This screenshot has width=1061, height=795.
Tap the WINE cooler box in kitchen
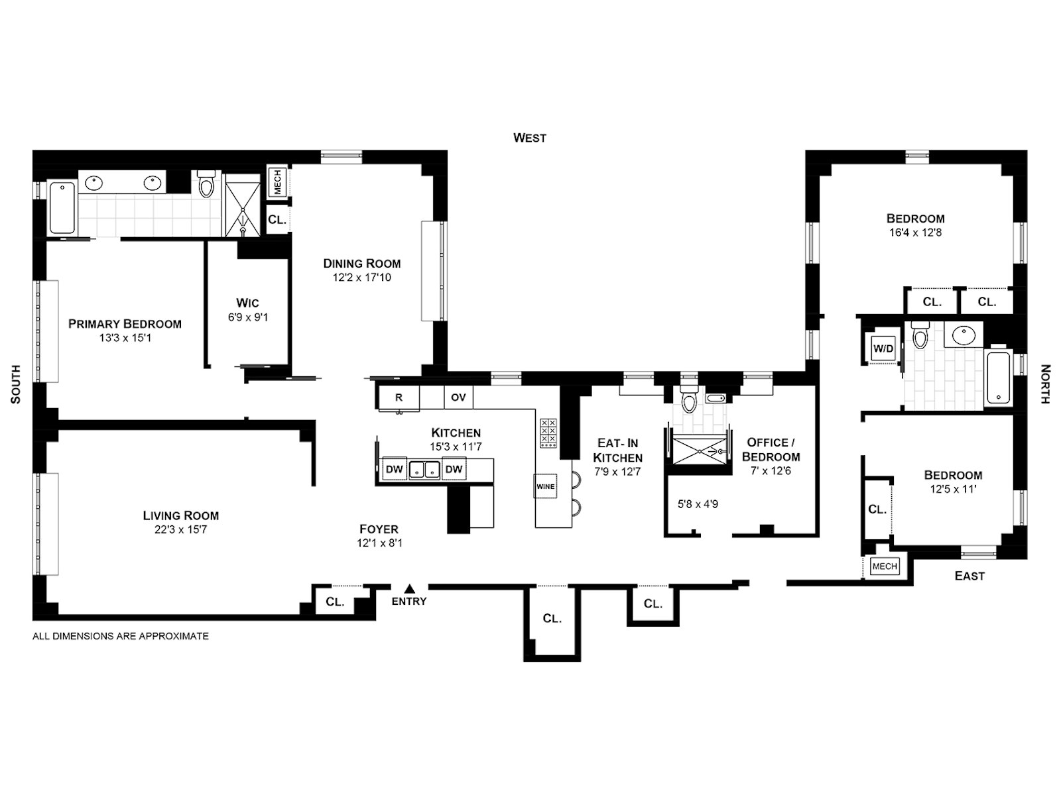[545, 486]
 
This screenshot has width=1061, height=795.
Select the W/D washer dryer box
[883, 348]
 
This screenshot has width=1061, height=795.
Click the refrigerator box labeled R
[399, 397]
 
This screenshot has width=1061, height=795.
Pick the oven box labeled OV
[458, 397]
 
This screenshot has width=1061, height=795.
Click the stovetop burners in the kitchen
[548, 433]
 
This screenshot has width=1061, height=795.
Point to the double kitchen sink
[423, 469]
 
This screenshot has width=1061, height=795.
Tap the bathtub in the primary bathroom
[62, 207]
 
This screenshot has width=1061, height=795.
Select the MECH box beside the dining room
[277, 182]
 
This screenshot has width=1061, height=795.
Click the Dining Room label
[362, 264]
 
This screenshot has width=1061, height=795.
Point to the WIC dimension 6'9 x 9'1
[247, 317]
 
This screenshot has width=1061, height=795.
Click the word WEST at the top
[530, 138]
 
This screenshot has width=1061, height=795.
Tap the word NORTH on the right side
[1045, 384]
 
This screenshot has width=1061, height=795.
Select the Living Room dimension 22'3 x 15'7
[180, 530]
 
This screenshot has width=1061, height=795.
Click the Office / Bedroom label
[771, 449]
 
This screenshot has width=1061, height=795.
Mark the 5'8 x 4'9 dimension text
[698, 504]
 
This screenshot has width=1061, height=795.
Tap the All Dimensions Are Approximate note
[121, 636]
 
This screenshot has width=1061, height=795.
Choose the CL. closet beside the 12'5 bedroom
[877, 509]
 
